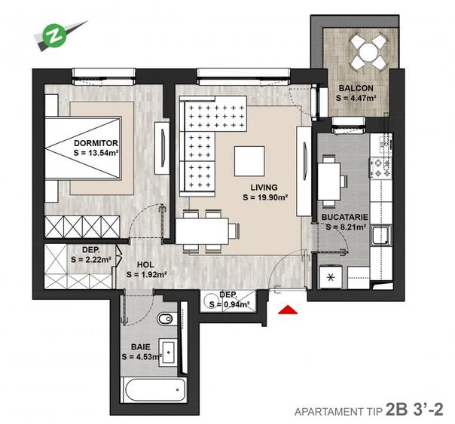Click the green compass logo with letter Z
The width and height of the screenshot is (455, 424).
point(53,34)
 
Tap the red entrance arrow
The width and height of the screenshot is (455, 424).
point(287,309)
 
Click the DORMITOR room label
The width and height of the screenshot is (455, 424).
point(96,142)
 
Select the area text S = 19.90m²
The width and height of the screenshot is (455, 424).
point(265,198)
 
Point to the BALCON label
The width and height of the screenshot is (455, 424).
point(356,87)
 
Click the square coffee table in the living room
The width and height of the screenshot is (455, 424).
point(249,160)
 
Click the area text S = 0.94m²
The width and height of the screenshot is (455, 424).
point(229,304)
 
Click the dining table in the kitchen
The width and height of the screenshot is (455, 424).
point(331,179)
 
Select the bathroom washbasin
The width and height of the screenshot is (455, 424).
point(169,352)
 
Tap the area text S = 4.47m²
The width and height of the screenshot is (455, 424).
point(356,97)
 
